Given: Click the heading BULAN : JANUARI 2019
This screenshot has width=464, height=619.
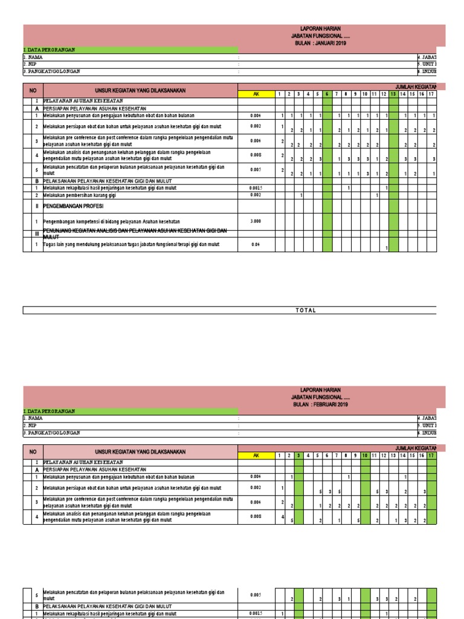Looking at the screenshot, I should (x=321, y=43).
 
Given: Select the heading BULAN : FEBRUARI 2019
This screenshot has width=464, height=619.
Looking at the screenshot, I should (x=321, y=404).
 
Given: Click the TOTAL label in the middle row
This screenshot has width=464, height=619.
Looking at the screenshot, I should (x=306, y=310).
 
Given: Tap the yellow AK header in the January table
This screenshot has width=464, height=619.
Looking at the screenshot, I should (x=256, y=94).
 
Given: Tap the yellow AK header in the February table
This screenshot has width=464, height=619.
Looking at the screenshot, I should (x=256, y=455).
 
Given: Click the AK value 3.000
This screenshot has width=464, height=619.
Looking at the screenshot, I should (x=256, y=221).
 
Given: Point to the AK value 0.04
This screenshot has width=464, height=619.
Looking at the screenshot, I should (x=256, y=244).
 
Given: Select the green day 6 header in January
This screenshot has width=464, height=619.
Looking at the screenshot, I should (x=327, y=94).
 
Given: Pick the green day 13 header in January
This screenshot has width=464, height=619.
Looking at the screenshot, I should (x=393, y=94).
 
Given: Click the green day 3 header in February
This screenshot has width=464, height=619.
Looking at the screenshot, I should (x=298, y=455).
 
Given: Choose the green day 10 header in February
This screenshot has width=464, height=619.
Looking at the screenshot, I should (x=365, y=455).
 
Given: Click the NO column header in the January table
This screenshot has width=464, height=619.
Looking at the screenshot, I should (x=33, y=90).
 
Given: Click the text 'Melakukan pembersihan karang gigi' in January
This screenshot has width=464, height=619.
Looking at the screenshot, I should (x=80, y=195).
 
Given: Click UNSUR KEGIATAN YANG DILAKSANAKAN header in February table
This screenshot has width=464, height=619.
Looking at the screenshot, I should (x=140, y=452).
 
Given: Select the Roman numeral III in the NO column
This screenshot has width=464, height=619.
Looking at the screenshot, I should (x=36, y=233).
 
